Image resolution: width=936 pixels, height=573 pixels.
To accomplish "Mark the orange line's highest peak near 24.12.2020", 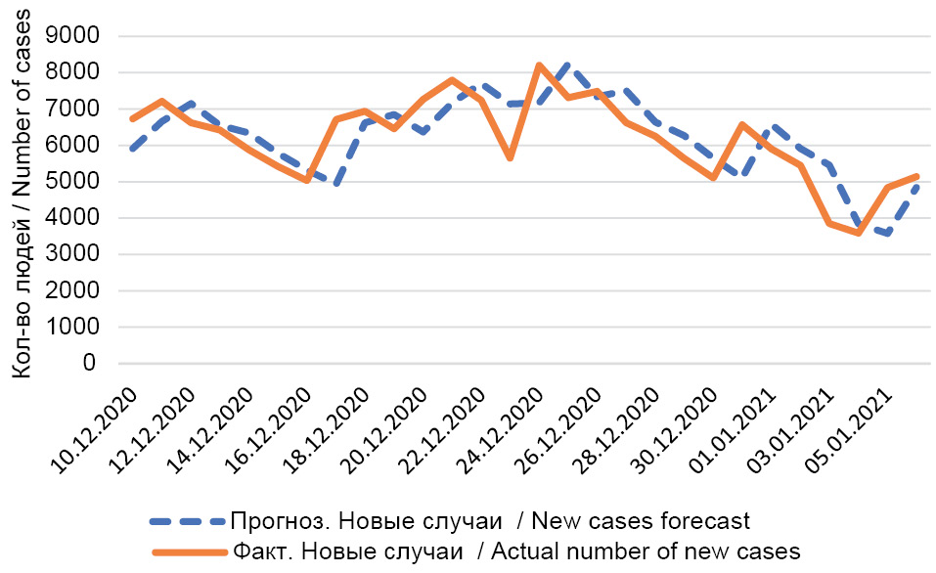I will coord(539,65).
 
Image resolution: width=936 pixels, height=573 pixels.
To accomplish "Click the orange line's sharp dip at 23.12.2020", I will coord(510,157).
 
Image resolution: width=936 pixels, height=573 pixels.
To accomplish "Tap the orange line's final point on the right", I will coord(916,176).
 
